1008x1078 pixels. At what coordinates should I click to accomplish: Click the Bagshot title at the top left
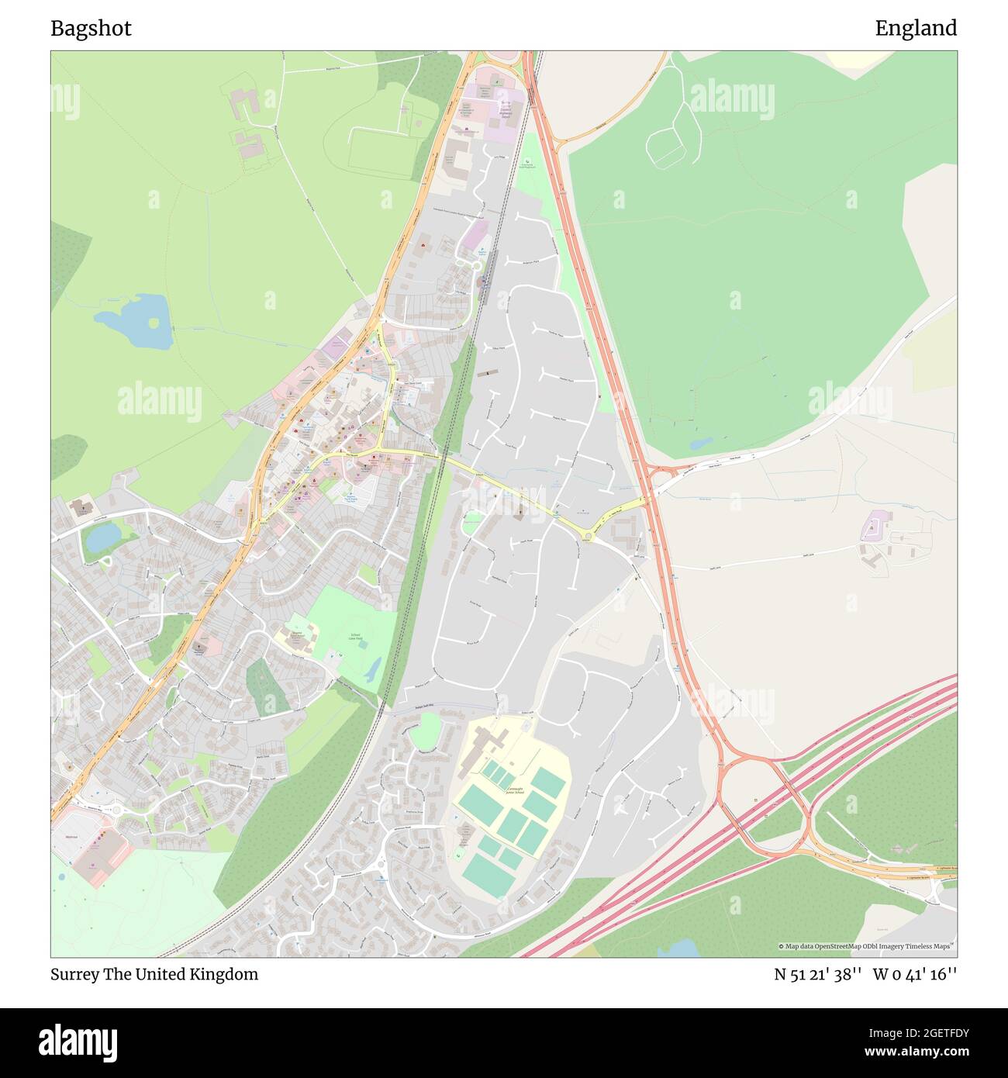[91, 29]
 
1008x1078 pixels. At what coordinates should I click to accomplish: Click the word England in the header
[916, 29]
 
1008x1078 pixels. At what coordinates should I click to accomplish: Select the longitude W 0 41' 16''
[915, 974]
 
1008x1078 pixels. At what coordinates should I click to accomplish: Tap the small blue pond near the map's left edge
[102, 536]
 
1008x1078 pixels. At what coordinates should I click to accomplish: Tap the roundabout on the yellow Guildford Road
[588, 536]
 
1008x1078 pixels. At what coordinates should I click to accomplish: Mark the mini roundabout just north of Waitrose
[117, 810]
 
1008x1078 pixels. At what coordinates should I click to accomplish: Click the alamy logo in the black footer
[78, 1042]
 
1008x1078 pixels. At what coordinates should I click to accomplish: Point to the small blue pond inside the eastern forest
[702, 444]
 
